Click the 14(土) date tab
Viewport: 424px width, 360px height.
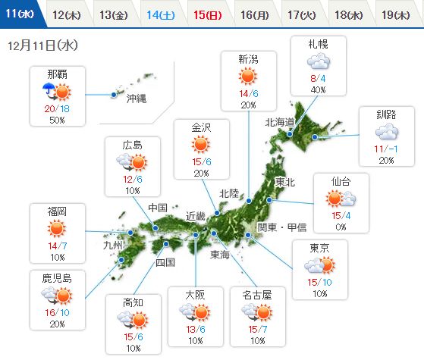161,14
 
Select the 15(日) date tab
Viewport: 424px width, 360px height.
207,14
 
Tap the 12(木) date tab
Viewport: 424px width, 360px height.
68,14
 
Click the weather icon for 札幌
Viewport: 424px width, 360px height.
319,60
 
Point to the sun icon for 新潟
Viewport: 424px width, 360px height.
247,76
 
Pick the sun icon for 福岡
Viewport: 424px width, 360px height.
56,228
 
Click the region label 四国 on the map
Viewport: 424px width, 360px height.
165,263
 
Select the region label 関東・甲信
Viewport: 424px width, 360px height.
283,227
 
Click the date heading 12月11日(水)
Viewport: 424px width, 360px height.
44,45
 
